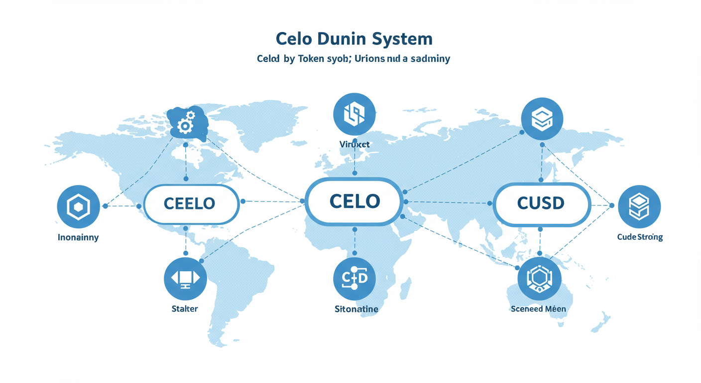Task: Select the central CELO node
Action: coord(354,201)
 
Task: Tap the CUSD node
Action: coord(541,203)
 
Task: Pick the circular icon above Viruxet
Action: coord(354,114)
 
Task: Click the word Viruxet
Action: coord(354,144)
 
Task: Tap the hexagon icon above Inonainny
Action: coord(78,206)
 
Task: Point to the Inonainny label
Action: coord(78,237)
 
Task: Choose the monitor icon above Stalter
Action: coord(185,278)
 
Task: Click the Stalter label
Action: coord(184,309)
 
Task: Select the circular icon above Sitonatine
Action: coord(354,278)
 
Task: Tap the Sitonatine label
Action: coord(356,309)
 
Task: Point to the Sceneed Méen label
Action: coord(538,309)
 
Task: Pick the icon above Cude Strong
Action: coord(639,206)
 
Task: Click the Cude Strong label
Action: coord(640,237)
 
